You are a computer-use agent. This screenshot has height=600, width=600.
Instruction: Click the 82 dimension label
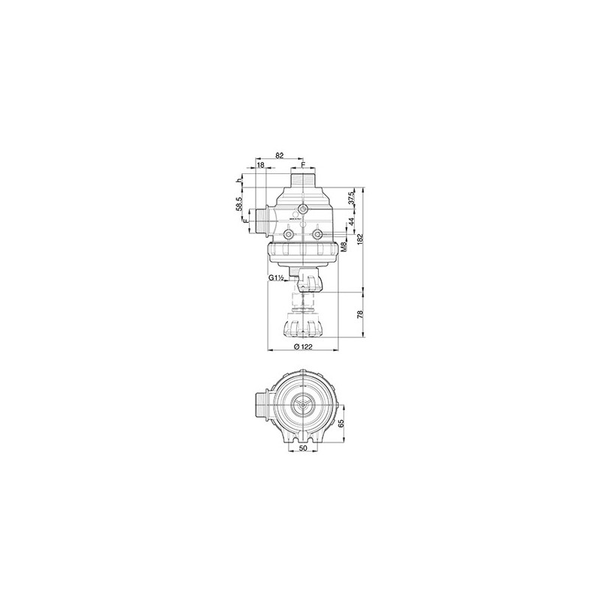pyautogui.click(x=279, y=155)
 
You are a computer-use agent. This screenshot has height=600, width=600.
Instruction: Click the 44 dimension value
pyautogui.click(x=351, y=222)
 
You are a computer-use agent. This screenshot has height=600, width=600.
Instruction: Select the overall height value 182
pyautogui.click(x=361, y=238)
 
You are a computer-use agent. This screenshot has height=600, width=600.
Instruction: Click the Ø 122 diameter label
pyautogui.click(x=303, y=346)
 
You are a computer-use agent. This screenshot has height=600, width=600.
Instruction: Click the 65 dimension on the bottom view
pyautogui.click(x=343, y=424)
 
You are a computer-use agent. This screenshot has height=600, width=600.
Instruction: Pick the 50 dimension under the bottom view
pyautogui.click(x=303, y=448)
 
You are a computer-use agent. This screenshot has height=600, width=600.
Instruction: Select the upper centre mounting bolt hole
pyautogui.click(x=303, y=208)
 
